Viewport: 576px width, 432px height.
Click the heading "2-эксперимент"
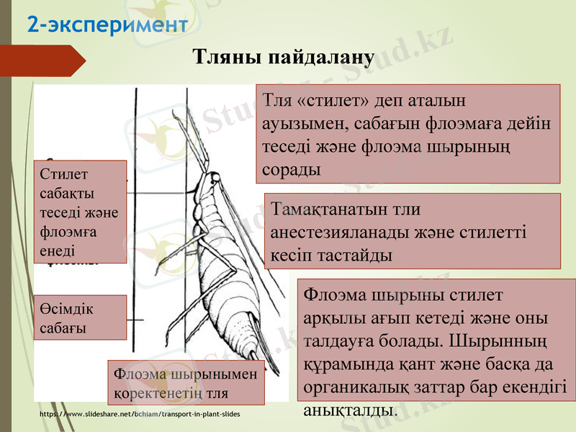(107, 25)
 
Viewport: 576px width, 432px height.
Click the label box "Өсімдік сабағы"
(80, 318)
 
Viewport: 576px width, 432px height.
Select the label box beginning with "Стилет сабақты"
(80, 211)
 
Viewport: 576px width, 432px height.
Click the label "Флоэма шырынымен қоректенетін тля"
(185, 383)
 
